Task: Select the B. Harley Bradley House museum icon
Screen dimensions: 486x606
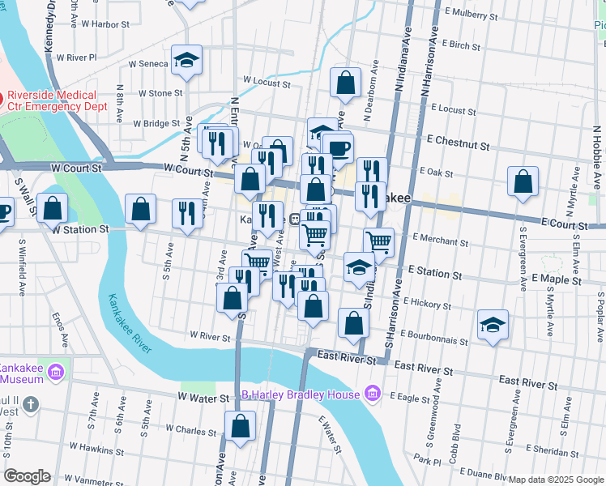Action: [372, 394]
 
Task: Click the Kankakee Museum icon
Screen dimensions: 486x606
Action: [55, 373]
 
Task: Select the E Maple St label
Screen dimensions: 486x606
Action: [558, 279]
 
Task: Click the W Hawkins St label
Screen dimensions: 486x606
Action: [95, 446]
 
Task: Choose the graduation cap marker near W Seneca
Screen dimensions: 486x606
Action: [187, 61]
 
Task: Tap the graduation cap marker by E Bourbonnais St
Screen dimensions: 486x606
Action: [493, 326]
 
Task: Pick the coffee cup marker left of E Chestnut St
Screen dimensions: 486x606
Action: [338, 147]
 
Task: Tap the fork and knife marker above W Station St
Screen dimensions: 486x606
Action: [187, 214]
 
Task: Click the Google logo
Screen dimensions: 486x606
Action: [27, 476]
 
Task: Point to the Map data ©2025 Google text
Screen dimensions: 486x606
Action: [556, 480]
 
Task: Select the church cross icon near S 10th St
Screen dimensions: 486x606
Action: [31, 404]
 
